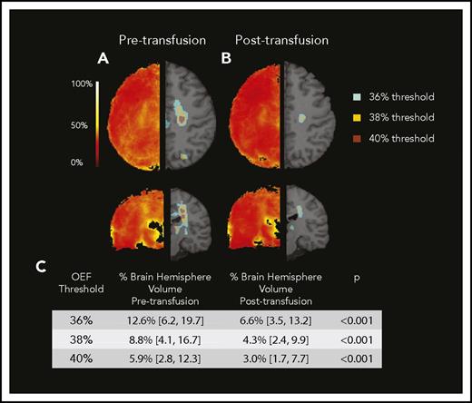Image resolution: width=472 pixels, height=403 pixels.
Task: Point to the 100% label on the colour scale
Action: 81,84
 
